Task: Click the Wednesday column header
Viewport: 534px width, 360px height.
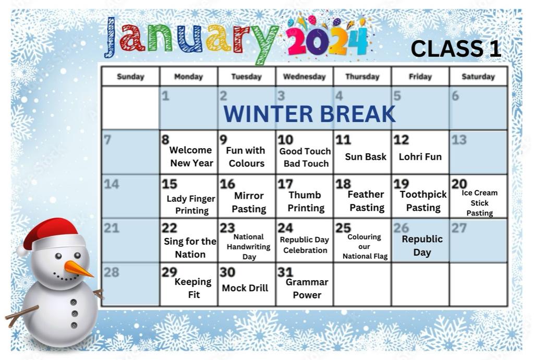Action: (x=305, y=77)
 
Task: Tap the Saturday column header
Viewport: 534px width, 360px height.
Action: (x=478, y=77)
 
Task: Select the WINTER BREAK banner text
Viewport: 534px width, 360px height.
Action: (x=309, y=114)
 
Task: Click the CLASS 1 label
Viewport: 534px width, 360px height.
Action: (x=456, y=49)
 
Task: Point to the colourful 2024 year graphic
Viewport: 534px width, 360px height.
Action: (x=327, y=39)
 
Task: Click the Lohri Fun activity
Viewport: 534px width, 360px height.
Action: (x=420, y=157)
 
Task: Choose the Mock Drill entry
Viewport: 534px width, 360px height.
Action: (x=245, y=288)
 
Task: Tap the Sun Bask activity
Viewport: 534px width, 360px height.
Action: (x=366, y=157)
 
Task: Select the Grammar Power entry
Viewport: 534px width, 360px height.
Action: (x=307, y=289)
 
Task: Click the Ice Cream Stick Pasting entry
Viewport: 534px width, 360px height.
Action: (x=480, y=203)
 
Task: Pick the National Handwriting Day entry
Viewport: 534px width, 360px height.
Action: (x=249, y=247)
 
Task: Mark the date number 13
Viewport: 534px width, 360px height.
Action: (x=459, y=140)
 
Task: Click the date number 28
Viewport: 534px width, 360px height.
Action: (x=112, y=272)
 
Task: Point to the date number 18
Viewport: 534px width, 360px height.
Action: (x=343, y=184)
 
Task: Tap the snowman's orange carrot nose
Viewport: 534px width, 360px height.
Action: (x=78, y=269)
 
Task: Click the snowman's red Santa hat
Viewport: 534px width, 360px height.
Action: (x=51, y=235)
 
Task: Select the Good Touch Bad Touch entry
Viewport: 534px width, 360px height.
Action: (x=305, y=158)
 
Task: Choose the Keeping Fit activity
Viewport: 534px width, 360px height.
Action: (x=193, y=288)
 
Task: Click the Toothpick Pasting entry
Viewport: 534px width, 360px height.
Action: (x=423, y=201)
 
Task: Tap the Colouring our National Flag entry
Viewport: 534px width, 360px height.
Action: (x=365, y=247)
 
